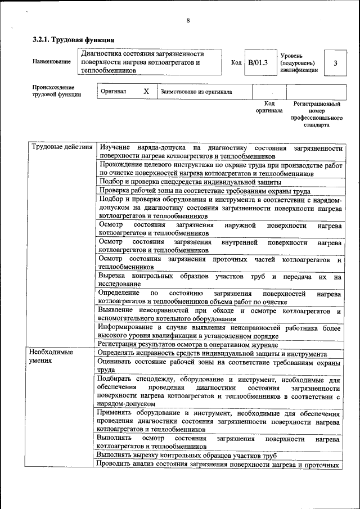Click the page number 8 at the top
click(188, 21)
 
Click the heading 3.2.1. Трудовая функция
click(74, 40)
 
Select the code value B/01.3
click(258, 62)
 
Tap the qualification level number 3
click(335, 63)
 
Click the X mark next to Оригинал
click(146, 91)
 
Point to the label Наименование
click(52, 62)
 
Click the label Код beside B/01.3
click(236, 62)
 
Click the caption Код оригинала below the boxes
click(269, 107)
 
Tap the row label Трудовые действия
click(62, 147)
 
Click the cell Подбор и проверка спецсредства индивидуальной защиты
click(190, 182)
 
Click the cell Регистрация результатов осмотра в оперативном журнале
click(188, 344)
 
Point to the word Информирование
click(124, 327)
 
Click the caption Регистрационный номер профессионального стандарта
click(317, 115)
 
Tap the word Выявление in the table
click(115, 310)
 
